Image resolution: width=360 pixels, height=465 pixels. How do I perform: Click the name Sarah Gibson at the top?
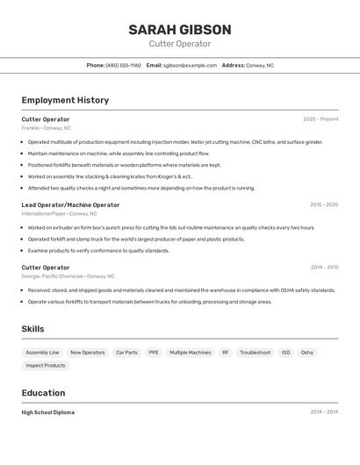click(180, 30)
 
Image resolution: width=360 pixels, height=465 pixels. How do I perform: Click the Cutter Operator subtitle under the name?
click(180, 44)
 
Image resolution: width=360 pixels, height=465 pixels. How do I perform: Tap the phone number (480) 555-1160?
click(123, 65)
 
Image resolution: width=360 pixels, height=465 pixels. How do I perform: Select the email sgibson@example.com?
click(191, 65)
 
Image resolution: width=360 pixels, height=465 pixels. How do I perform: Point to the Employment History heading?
click(65, 100)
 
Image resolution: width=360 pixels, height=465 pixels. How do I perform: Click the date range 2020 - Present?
click(320, 119)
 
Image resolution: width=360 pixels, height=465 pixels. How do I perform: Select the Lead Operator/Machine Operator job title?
click(70, 204)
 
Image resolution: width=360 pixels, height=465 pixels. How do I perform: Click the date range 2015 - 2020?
click(323, 204)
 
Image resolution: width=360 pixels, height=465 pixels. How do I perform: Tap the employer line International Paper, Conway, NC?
click(59, 213)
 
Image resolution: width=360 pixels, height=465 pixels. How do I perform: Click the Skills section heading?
click(33, 329)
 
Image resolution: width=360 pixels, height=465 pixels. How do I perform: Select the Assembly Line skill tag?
click(42, 353)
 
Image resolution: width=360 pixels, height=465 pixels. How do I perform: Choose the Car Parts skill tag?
click(126, 353)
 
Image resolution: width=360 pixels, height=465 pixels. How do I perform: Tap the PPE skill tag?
click(154, 353)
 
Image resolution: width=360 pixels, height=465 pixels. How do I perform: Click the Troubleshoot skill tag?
click(255, 353)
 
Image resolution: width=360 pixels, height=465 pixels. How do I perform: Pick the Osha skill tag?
click(306, 353)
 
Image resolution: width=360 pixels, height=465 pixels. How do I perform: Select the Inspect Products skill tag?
click(46, 365)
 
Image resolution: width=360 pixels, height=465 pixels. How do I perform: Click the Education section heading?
click(43, 393)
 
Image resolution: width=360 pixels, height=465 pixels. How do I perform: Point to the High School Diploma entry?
click(48, 411)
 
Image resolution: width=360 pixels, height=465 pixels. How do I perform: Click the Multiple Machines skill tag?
click(191, 353)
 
